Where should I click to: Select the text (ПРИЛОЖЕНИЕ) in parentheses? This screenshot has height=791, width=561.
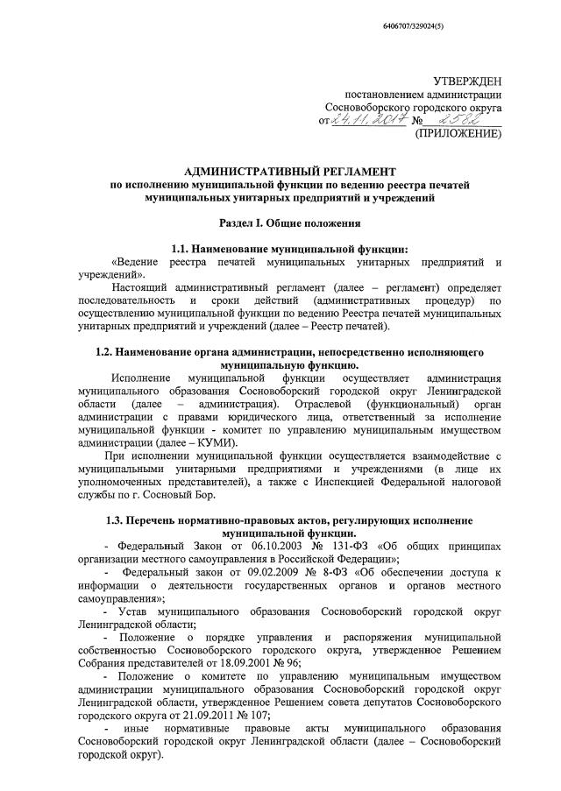tap(458, 134)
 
